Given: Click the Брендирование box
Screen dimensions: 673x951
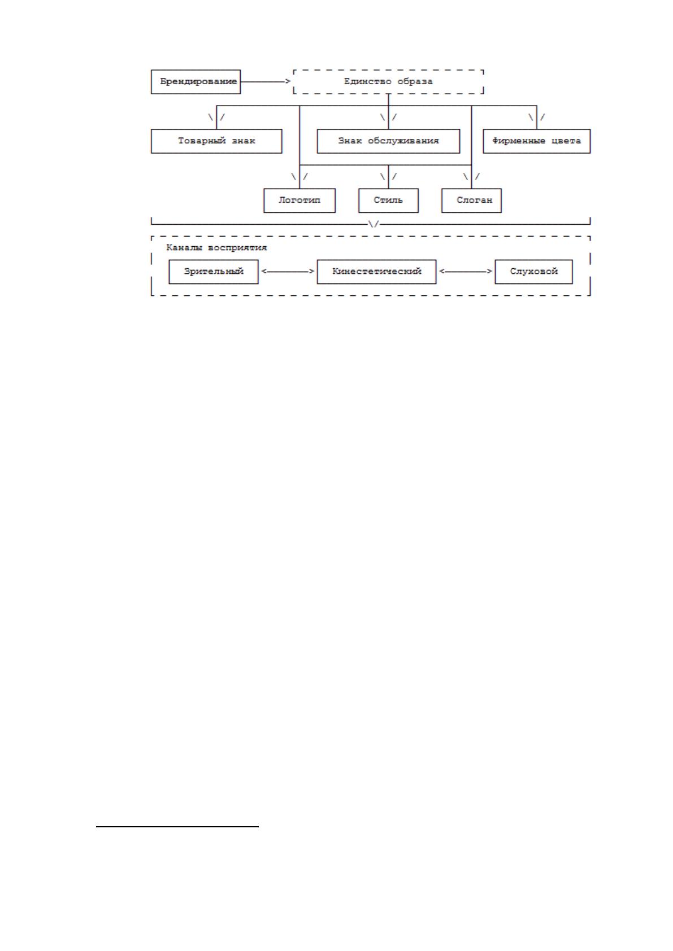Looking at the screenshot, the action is coord(196,81).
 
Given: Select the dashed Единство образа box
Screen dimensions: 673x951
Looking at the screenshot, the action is coord(388,81).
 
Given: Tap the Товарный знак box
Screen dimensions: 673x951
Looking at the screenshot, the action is coord(216,141).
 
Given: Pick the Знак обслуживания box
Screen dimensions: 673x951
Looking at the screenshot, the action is coord(388,141).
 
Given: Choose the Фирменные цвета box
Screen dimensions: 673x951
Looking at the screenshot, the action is coord(537,141).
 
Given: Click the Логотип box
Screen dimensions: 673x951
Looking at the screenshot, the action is coord(299,200).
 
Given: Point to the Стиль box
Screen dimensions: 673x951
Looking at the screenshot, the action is coord(388,200).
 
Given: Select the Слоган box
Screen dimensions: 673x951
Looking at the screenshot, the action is coord(472,200).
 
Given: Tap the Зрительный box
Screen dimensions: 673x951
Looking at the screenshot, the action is coord(214,272).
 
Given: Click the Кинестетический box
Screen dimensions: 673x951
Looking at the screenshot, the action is coord(376,272).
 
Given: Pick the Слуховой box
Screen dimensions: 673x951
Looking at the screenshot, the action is coord(533,272).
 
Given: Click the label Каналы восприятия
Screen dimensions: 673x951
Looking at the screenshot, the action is coord(216,247).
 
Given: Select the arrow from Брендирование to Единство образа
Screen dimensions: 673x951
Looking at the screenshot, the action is coord(266,81).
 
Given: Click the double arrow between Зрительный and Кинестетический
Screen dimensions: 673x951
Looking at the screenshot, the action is coord(288,271).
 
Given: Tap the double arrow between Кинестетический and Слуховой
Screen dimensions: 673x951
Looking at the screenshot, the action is coord(466,271).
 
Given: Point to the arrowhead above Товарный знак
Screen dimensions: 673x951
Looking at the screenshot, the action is coord(216,118).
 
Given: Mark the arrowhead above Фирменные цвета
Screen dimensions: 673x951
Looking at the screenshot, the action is coord(537,118).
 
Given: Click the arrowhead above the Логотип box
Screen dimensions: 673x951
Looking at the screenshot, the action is coord(299,177).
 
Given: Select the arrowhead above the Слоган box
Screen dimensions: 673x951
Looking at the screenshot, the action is coord(472,177).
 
